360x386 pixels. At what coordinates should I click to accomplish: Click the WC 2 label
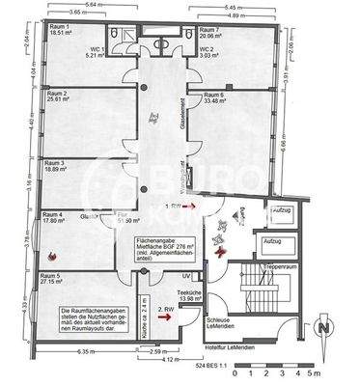pyautogui.click(x=207, y=47)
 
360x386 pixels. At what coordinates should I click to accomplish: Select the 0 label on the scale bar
pyautogui.click(x=250, y=372)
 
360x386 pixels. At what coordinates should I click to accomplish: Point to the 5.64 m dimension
pyautogui.click(x=89, y=4)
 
